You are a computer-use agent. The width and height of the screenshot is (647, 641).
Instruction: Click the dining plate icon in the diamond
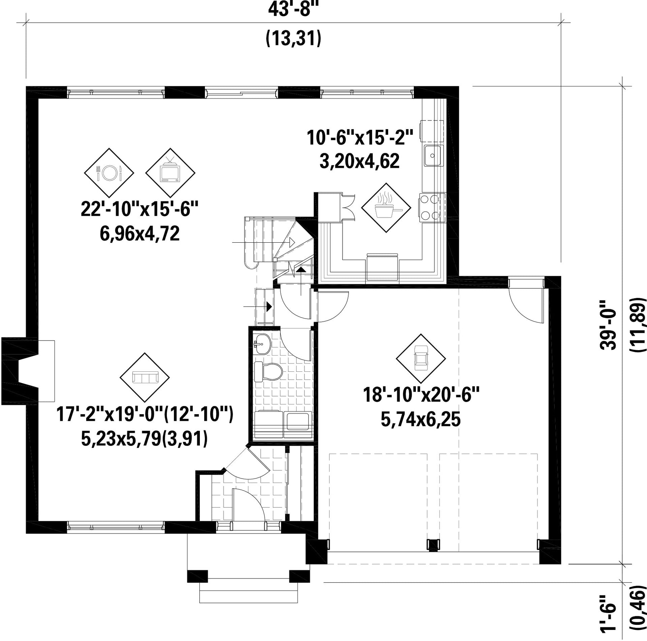pyautogui.click(x=109, y=173)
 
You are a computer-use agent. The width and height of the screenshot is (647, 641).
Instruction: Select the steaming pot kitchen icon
pyautogui.click(x=386, y=208)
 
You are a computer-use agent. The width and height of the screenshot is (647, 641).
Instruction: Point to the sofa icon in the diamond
pyautogui.click(x=144, y=377)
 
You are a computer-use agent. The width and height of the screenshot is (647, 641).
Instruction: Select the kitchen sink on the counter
pyautogui.click(x=433, y=156)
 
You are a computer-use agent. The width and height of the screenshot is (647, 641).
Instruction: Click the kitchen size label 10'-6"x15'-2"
pyautogui.click(x=360, y=137)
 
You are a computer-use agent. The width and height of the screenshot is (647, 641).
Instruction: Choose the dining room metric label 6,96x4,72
pyautogui.click(x=139, y=234)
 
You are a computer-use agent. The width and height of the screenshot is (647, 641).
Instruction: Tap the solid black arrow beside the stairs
pyautogui.click(x=269, y=307)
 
